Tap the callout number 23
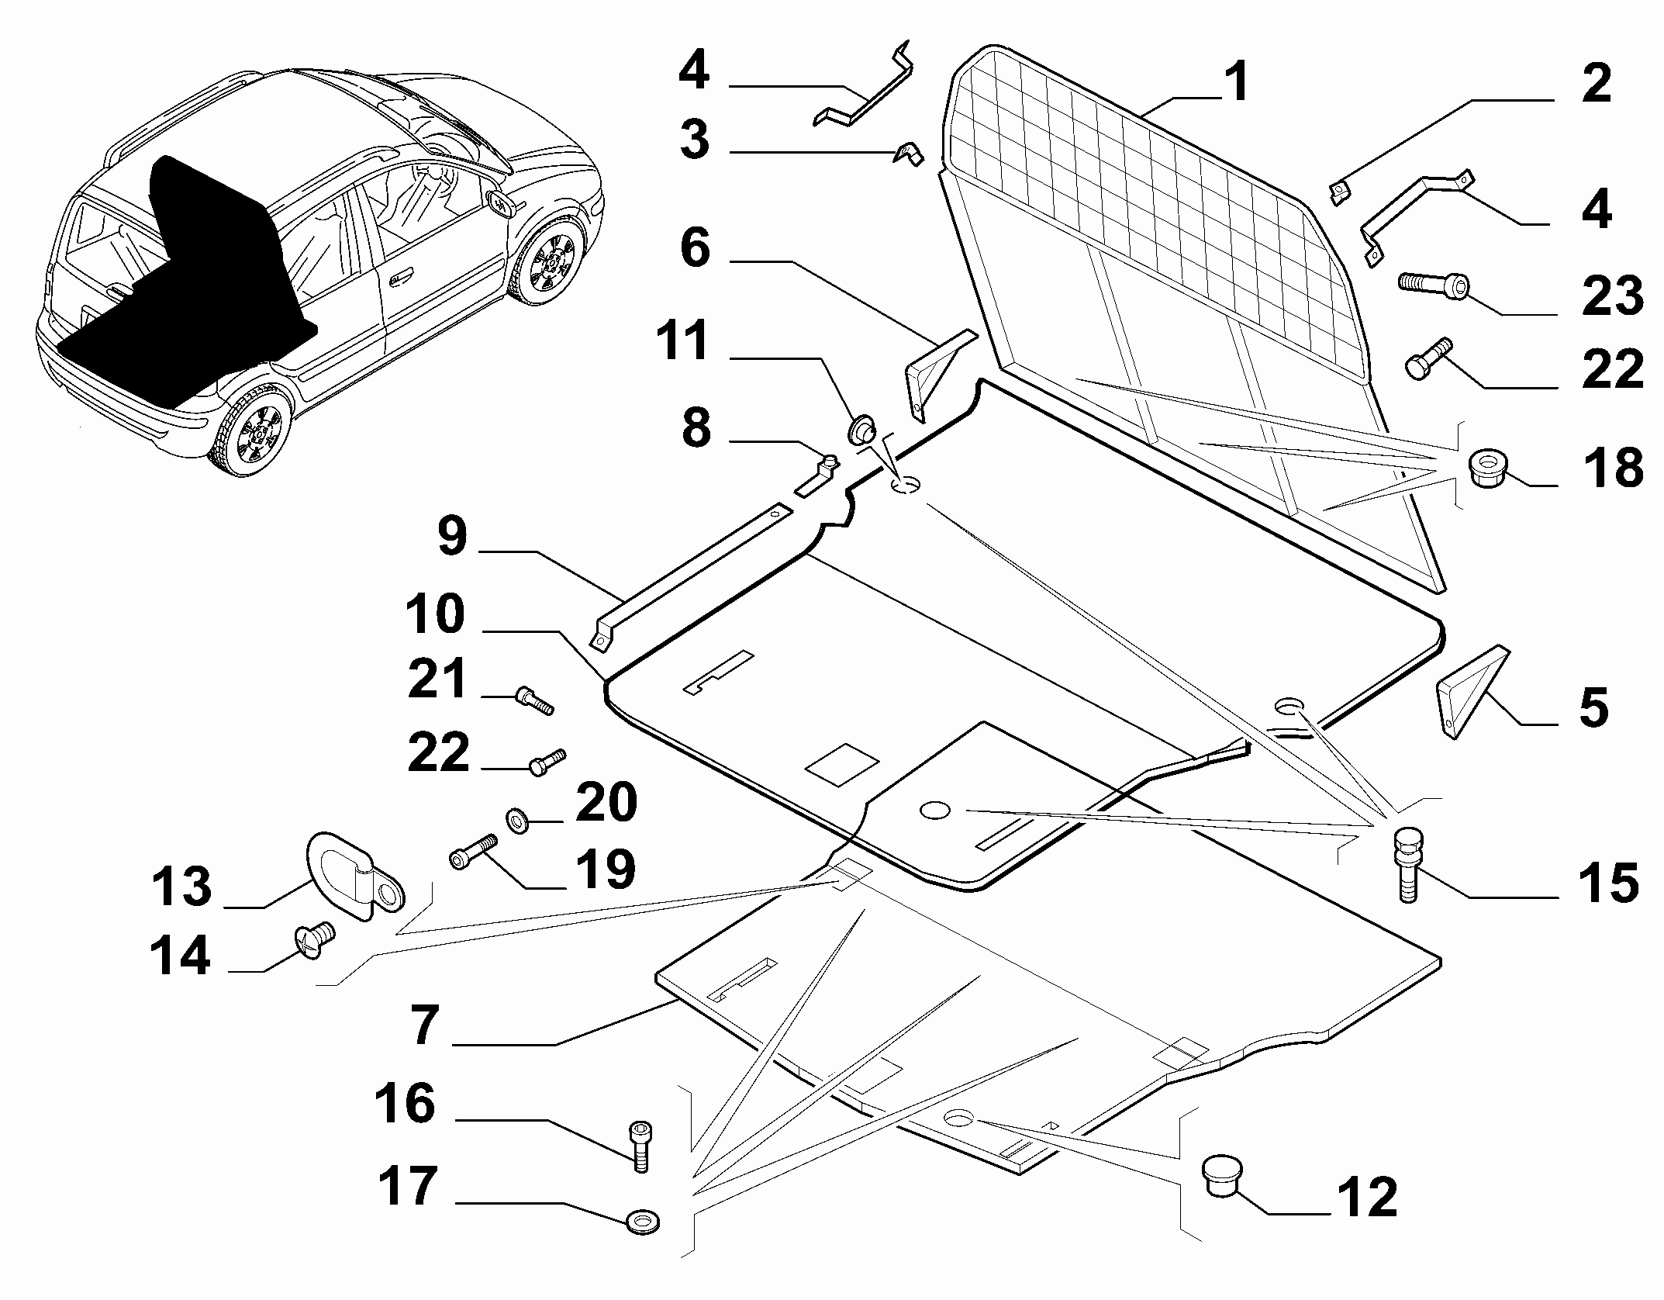click(x=1612, y=296)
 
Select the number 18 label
click(x=1612, y=468)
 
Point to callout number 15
click(x=1609, y=883)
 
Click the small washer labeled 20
click(x=516, y=818)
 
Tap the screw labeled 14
click(x=314, y=939)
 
